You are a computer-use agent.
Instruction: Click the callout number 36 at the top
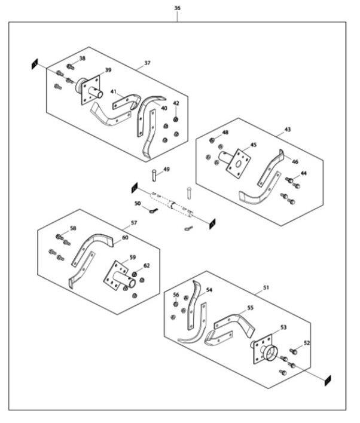pyautogui.click(x=177, y=8)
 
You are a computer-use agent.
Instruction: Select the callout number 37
pyautogui.click(x=147, y=63)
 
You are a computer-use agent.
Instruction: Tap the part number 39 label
pyautogui.click(x=108, y=70)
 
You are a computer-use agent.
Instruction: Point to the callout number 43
pyautogui.click(x=288, y=130)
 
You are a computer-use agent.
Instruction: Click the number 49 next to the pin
pyautogui.click(x=167, y=169)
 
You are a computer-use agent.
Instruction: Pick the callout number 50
pyautogui.click(x=138, y=203)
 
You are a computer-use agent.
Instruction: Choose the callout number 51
pyautogui.click(x=266, y=287)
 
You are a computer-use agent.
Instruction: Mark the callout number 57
pyautogui.click(x=134, y=223)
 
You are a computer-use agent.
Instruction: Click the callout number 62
pyautogui.click(x=147, y=266)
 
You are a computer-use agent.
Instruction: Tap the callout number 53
pyautogui.click(x=283, y=327)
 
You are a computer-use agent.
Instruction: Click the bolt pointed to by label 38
pyautogui.click(x=70, y=66)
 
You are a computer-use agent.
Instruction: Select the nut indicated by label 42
pyautogui.click(x=176, y=119)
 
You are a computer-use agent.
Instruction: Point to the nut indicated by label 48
pyautogui.click(x=212, y=140)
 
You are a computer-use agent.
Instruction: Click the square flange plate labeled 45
pyautogui.click(x=238, y=164)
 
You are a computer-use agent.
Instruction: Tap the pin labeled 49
pyautogui.click(x=154, y=175)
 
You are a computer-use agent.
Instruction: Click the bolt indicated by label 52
pyautogui.click(x=294, y=351)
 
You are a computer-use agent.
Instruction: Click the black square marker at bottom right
pyautogui.click(x=328, y=381)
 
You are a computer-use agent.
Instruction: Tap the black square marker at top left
pyautogui.click(x=35, y=64)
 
